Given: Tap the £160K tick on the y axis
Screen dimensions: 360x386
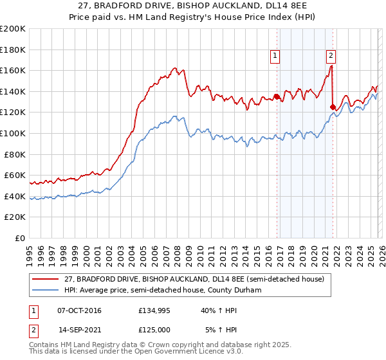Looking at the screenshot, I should pyautogui.click(x=13, y=70).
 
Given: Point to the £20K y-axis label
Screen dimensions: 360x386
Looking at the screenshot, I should pyautogui.click(x=15, y=217).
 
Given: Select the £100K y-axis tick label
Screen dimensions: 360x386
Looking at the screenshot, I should pyautogui.click(x=13, y=133).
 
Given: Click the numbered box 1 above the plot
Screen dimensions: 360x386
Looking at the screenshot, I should pyautogui.click(x=275, y=56).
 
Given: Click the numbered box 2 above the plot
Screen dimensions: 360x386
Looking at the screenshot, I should pyautogui.click(x=331, y=56).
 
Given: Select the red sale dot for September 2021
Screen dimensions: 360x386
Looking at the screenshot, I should pyautogui.click(x=333, y=107).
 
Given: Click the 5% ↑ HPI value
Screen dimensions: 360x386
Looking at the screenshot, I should pyautogui.click(x=212, y=330).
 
